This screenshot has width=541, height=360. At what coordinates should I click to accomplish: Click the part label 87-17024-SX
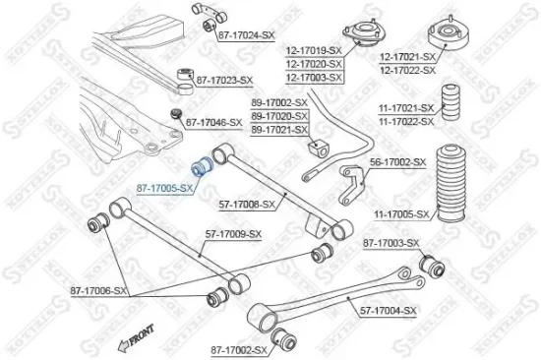coord(246,35)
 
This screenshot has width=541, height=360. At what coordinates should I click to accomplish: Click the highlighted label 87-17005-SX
coord(164,186)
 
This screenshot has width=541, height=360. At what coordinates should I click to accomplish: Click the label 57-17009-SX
coord(233,234)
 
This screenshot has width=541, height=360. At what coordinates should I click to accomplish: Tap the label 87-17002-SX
coord(233,349)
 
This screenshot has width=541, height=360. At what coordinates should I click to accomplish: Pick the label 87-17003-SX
coord(391,242)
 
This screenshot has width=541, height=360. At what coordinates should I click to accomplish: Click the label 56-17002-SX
coord(397,161)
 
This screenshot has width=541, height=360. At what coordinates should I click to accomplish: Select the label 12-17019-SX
coord(314,49)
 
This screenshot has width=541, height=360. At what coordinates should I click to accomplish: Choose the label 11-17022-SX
coord(406,121)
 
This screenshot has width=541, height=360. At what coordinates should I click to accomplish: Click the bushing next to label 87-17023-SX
coord(183,76)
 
